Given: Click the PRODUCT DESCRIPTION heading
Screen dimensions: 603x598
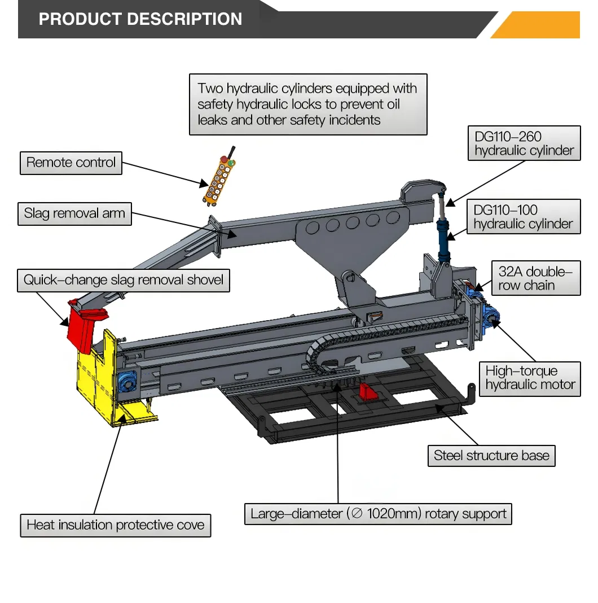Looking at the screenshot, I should [x=140, y=19].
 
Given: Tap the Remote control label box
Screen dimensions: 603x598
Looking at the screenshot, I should [x=71, y=163].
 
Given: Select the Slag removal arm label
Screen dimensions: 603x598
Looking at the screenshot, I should [x=74, y=214].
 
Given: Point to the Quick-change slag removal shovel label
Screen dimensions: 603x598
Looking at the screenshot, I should [x=123, y=280].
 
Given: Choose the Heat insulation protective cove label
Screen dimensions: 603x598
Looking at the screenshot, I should [x=115, y=525].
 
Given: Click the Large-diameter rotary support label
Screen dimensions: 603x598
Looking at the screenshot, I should [x=378, y=514].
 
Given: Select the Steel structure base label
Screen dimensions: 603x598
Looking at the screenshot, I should [x=491, y=456].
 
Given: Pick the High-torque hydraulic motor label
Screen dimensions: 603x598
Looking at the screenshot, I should [x=530, y=378].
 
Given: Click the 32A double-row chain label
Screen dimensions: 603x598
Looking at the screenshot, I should [x=535, y=278].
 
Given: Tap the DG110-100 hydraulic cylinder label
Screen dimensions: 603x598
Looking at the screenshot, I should [x=523, y=217].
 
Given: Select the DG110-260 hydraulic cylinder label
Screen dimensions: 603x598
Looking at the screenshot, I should [x=524, y=143].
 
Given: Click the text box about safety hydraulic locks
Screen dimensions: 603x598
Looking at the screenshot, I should [x=307, y=104].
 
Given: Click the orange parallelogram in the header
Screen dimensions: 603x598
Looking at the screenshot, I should [x=539, y=25].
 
